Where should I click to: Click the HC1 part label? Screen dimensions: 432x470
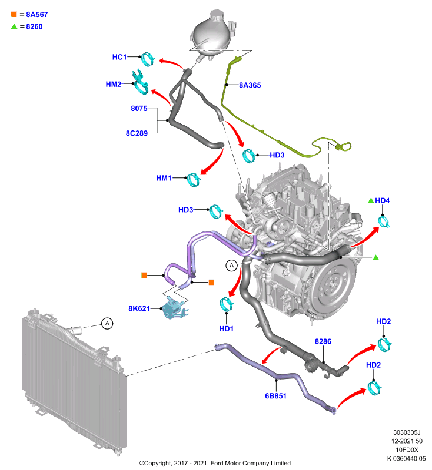(119, 57)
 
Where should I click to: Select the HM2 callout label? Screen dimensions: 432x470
(114, 84)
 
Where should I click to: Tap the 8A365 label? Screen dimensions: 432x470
(250, 85)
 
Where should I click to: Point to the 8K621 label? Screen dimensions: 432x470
(139, 308)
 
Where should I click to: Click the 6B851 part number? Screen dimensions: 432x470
(275, 396)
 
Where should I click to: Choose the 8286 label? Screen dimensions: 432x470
(323, 341)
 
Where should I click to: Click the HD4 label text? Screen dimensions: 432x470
(382, 200)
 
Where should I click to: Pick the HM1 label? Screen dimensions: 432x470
(164, 178)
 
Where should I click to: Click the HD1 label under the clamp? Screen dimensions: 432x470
(227, 329)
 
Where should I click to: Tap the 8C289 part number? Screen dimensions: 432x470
(137, 133)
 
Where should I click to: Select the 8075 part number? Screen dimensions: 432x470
(139, 108)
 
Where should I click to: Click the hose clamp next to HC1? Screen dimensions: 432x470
(148, 59)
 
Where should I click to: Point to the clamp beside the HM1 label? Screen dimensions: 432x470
(193, 180)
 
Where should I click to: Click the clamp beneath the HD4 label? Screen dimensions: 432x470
(383, 222)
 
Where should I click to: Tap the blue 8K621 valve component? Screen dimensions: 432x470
(174, 308)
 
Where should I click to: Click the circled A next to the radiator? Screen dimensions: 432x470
(107, 324)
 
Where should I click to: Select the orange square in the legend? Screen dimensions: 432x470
(14, 14)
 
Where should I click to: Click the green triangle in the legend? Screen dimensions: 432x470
(14, 26)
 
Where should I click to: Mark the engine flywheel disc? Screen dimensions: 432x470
(333, 284)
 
